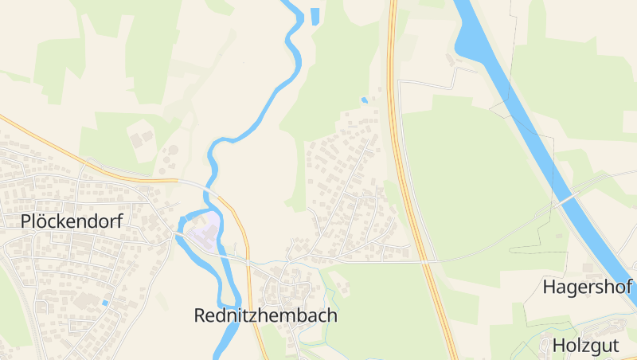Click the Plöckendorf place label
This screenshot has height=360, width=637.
[72, 221]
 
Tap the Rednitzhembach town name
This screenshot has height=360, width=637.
[265, 315]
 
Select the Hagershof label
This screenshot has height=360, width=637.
[587, 287]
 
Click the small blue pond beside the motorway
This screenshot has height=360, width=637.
[365, 100]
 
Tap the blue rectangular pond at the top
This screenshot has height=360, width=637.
[315, 15]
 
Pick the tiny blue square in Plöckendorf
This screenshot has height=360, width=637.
[105, 303]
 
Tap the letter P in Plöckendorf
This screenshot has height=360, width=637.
[26, 221]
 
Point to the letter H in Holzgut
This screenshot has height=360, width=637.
[558, 346]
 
